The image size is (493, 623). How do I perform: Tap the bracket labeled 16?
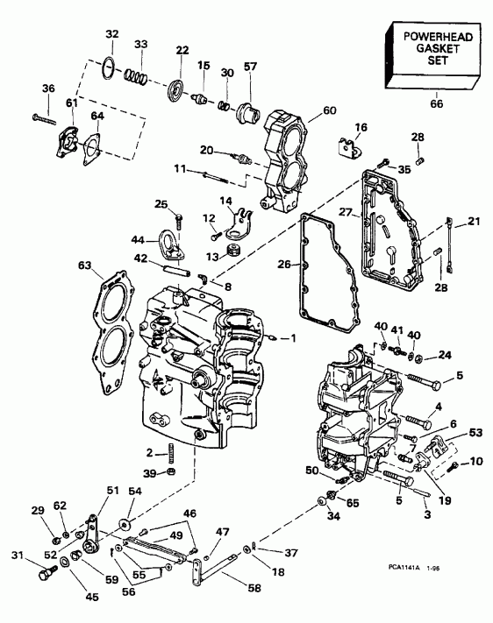350,146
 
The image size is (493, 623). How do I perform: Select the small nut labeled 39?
173,474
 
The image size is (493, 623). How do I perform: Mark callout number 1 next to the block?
294,338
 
